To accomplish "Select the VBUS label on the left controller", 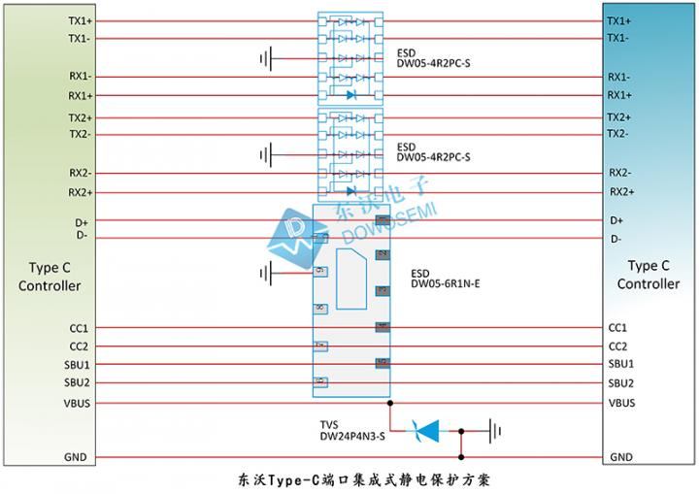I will (78, 402).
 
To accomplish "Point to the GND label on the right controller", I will (621, 457).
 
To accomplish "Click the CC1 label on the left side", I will (79, 328).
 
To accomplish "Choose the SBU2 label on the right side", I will (620, 383).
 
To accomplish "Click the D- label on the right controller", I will (616, 239).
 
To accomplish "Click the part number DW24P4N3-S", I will (352, 437).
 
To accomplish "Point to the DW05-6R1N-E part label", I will (446, 283).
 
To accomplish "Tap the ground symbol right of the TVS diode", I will (495, 428).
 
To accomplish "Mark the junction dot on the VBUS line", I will (389, 402).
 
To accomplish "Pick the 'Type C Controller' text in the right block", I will (649, 275).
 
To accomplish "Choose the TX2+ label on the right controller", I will (620, 117).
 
